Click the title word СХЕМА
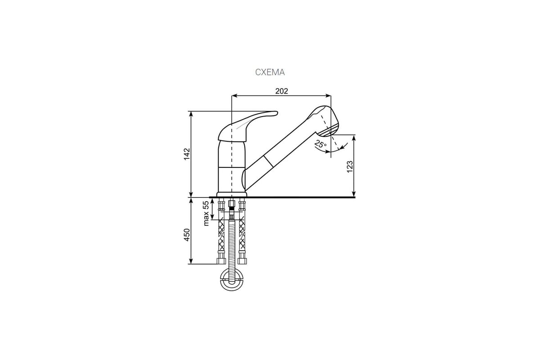(270, 72)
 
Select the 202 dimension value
(282, 91)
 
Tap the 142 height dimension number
(187, 154)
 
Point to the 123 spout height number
(350, 166)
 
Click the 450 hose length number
(187, 234)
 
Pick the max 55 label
(206, 213)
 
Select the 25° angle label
(320, 144)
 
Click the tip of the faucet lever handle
(276, 112)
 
